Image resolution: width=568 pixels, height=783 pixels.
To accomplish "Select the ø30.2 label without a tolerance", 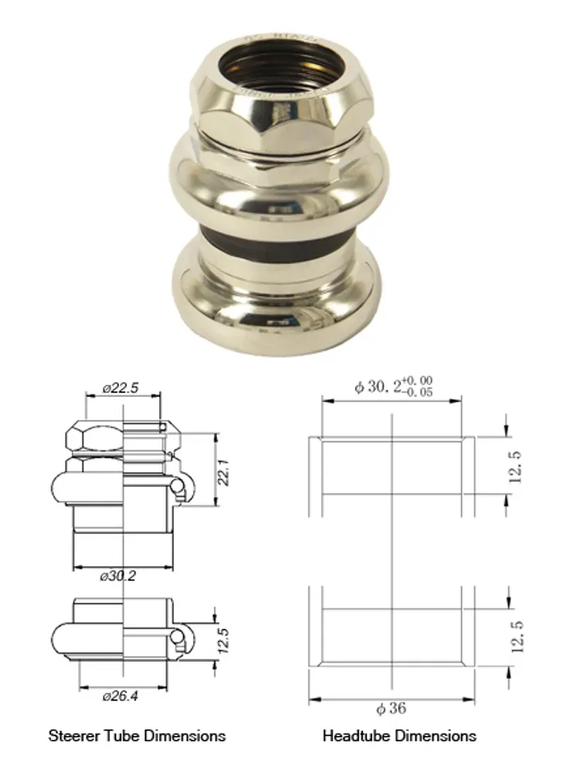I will pos(119,576).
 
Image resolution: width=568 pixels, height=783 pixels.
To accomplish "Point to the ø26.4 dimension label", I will pos(120,696).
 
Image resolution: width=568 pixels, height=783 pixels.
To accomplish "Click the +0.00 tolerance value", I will pos(418,381).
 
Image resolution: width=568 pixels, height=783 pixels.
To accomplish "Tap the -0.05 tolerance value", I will pos(418,392).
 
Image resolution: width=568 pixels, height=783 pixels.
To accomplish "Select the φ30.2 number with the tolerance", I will pos(376,388).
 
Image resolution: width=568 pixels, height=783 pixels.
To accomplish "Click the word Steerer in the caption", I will pos(70,735).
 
